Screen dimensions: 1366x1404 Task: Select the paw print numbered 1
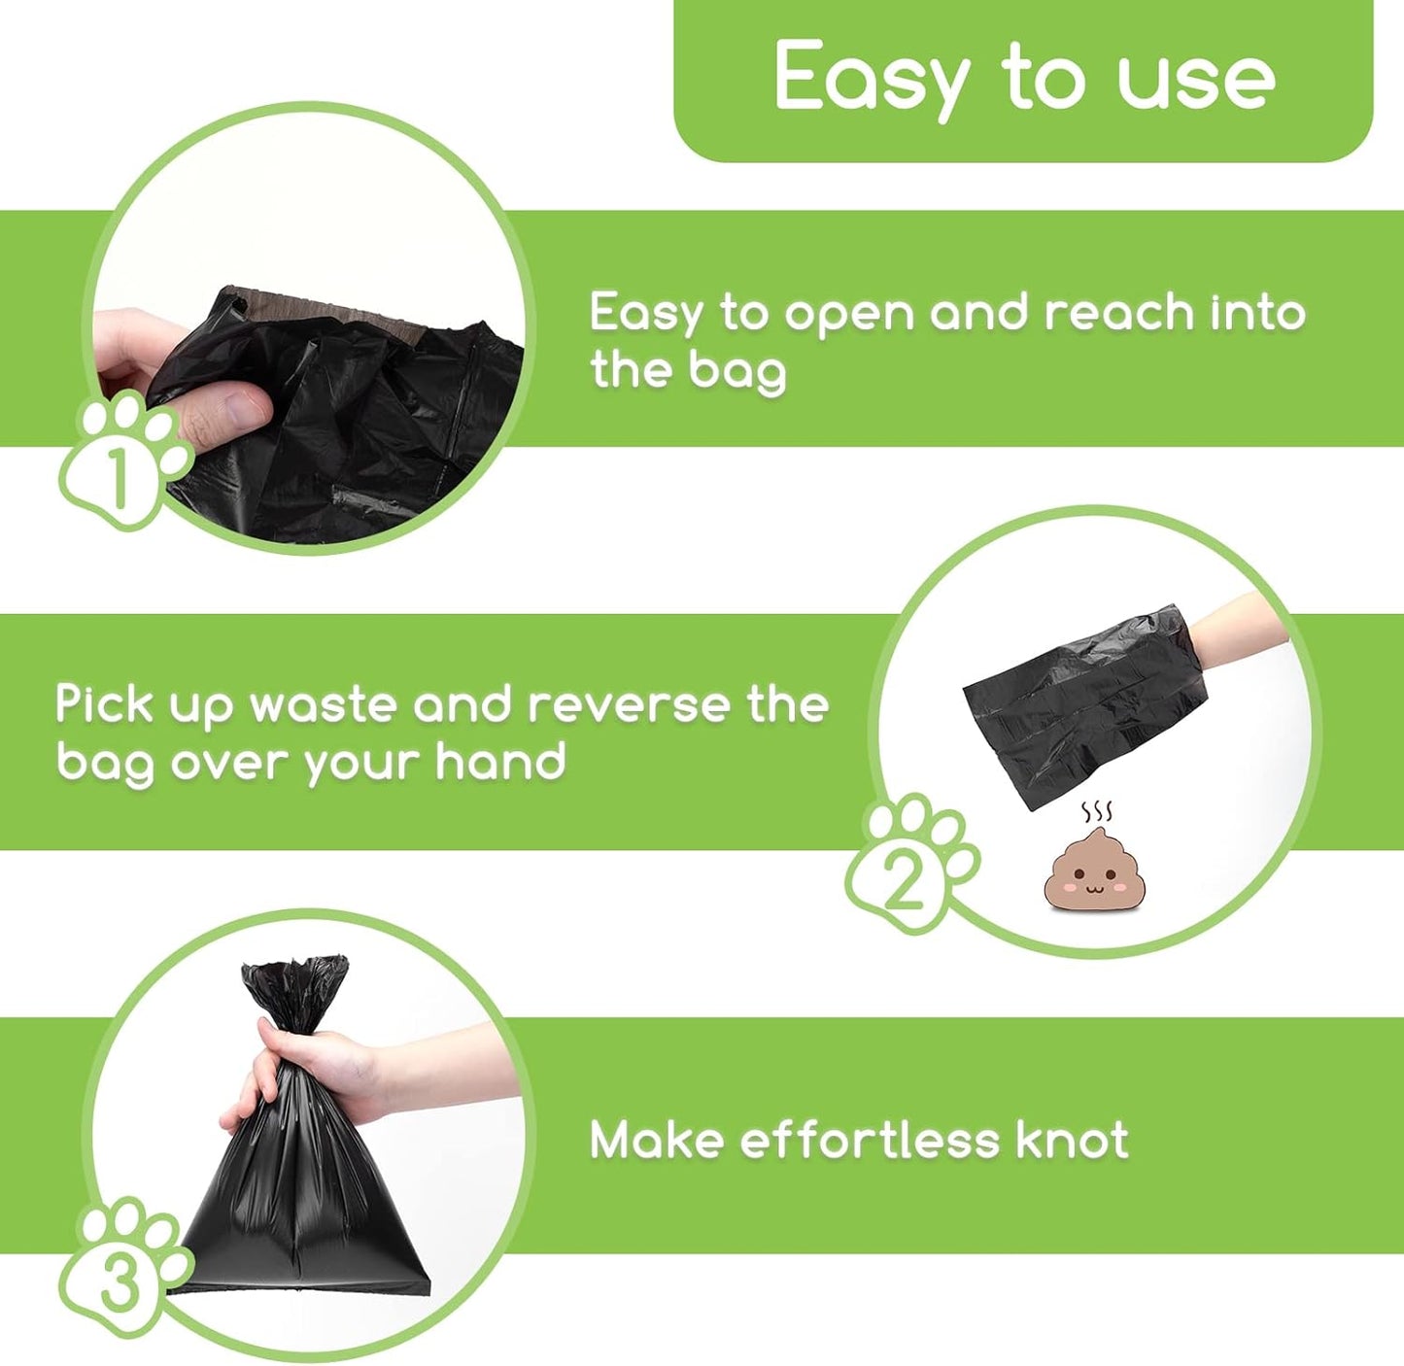121,461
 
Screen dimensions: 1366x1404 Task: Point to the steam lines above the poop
1097,812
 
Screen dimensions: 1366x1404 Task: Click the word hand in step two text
499,761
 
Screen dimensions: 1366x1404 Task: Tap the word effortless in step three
870,1140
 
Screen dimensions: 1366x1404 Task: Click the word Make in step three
657,1140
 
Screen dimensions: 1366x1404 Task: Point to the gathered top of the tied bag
294,986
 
